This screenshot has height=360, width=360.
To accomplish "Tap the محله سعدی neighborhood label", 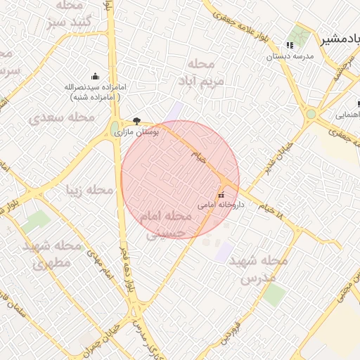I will [63, 117].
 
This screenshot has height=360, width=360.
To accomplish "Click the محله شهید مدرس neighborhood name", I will [264, 269].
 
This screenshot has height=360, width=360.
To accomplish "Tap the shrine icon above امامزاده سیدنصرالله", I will [95, 77].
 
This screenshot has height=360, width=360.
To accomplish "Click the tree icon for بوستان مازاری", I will [136, 121].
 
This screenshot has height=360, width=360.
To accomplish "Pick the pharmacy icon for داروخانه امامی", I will [221, 195].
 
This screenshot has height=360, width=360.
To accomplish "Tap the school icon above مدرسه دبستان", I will [290, 46].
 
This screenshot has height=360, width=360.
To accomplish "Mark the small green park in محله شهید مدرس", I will [274, 295].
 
